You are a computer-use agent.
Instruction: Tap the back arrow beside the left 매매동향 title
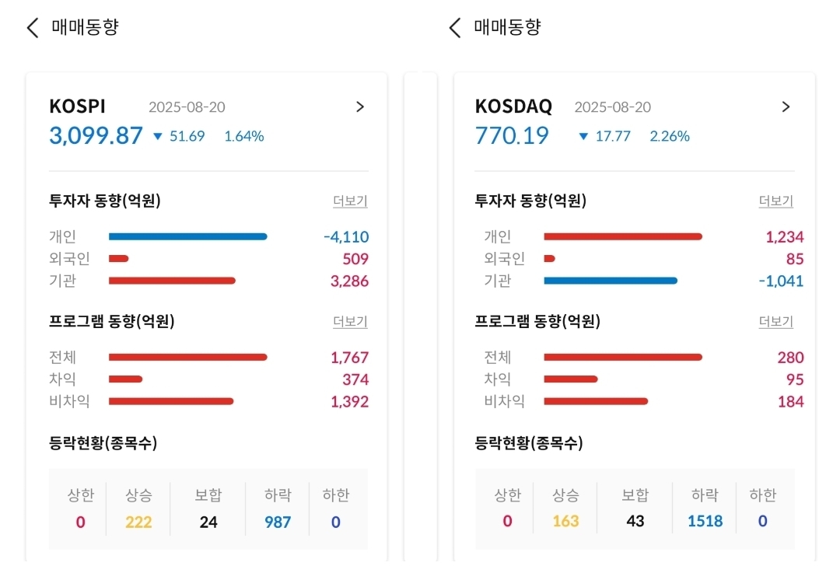point(32,28)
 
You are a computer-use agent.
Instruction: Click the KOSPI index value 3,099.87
point(96,135)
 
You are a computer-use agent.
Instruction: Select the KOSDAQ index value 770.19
point(512,135)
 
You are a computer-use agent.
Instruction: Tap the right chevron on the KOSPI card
point(359,107)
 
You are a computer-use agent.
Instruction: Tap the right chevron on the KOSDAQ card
point(786,107)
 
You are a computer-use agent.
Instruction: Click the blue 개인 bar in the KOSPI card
point(187,236)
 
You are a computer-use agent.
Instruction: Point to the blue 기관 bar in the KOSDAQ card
point(611,281)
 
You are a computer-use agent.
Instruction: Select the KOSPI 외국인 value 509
point(355,259)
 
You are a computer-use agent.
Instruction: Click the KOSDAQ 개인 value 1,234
point(784,237)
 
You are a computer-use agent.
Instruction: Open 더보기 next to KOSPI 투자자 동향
point(350,201)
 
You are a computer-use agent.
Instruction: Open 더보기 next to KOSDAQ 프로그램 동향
point(775,321)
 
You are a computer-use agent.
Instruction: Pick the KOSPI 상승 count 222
point(138,522)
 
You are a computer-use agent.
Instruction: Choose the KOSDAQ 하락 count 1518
point(705,522)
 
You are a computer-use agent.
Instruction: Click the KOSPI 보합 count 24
point(208,522)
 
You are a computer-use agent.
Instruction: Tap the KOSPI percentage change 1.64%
point(244,136)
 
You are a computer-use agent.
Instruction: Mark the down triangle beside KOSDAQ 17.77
point(583,137)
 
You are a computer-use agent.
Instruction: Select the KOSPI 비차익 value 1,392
point(349,402)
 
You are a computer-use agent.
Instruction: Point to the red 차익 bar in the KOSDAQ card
point(570,379)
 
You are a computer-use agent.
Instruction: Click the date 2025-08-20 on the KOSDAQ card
point(612,107)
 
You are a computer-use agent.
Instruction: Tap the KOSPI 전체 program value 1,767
point(349,358)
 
